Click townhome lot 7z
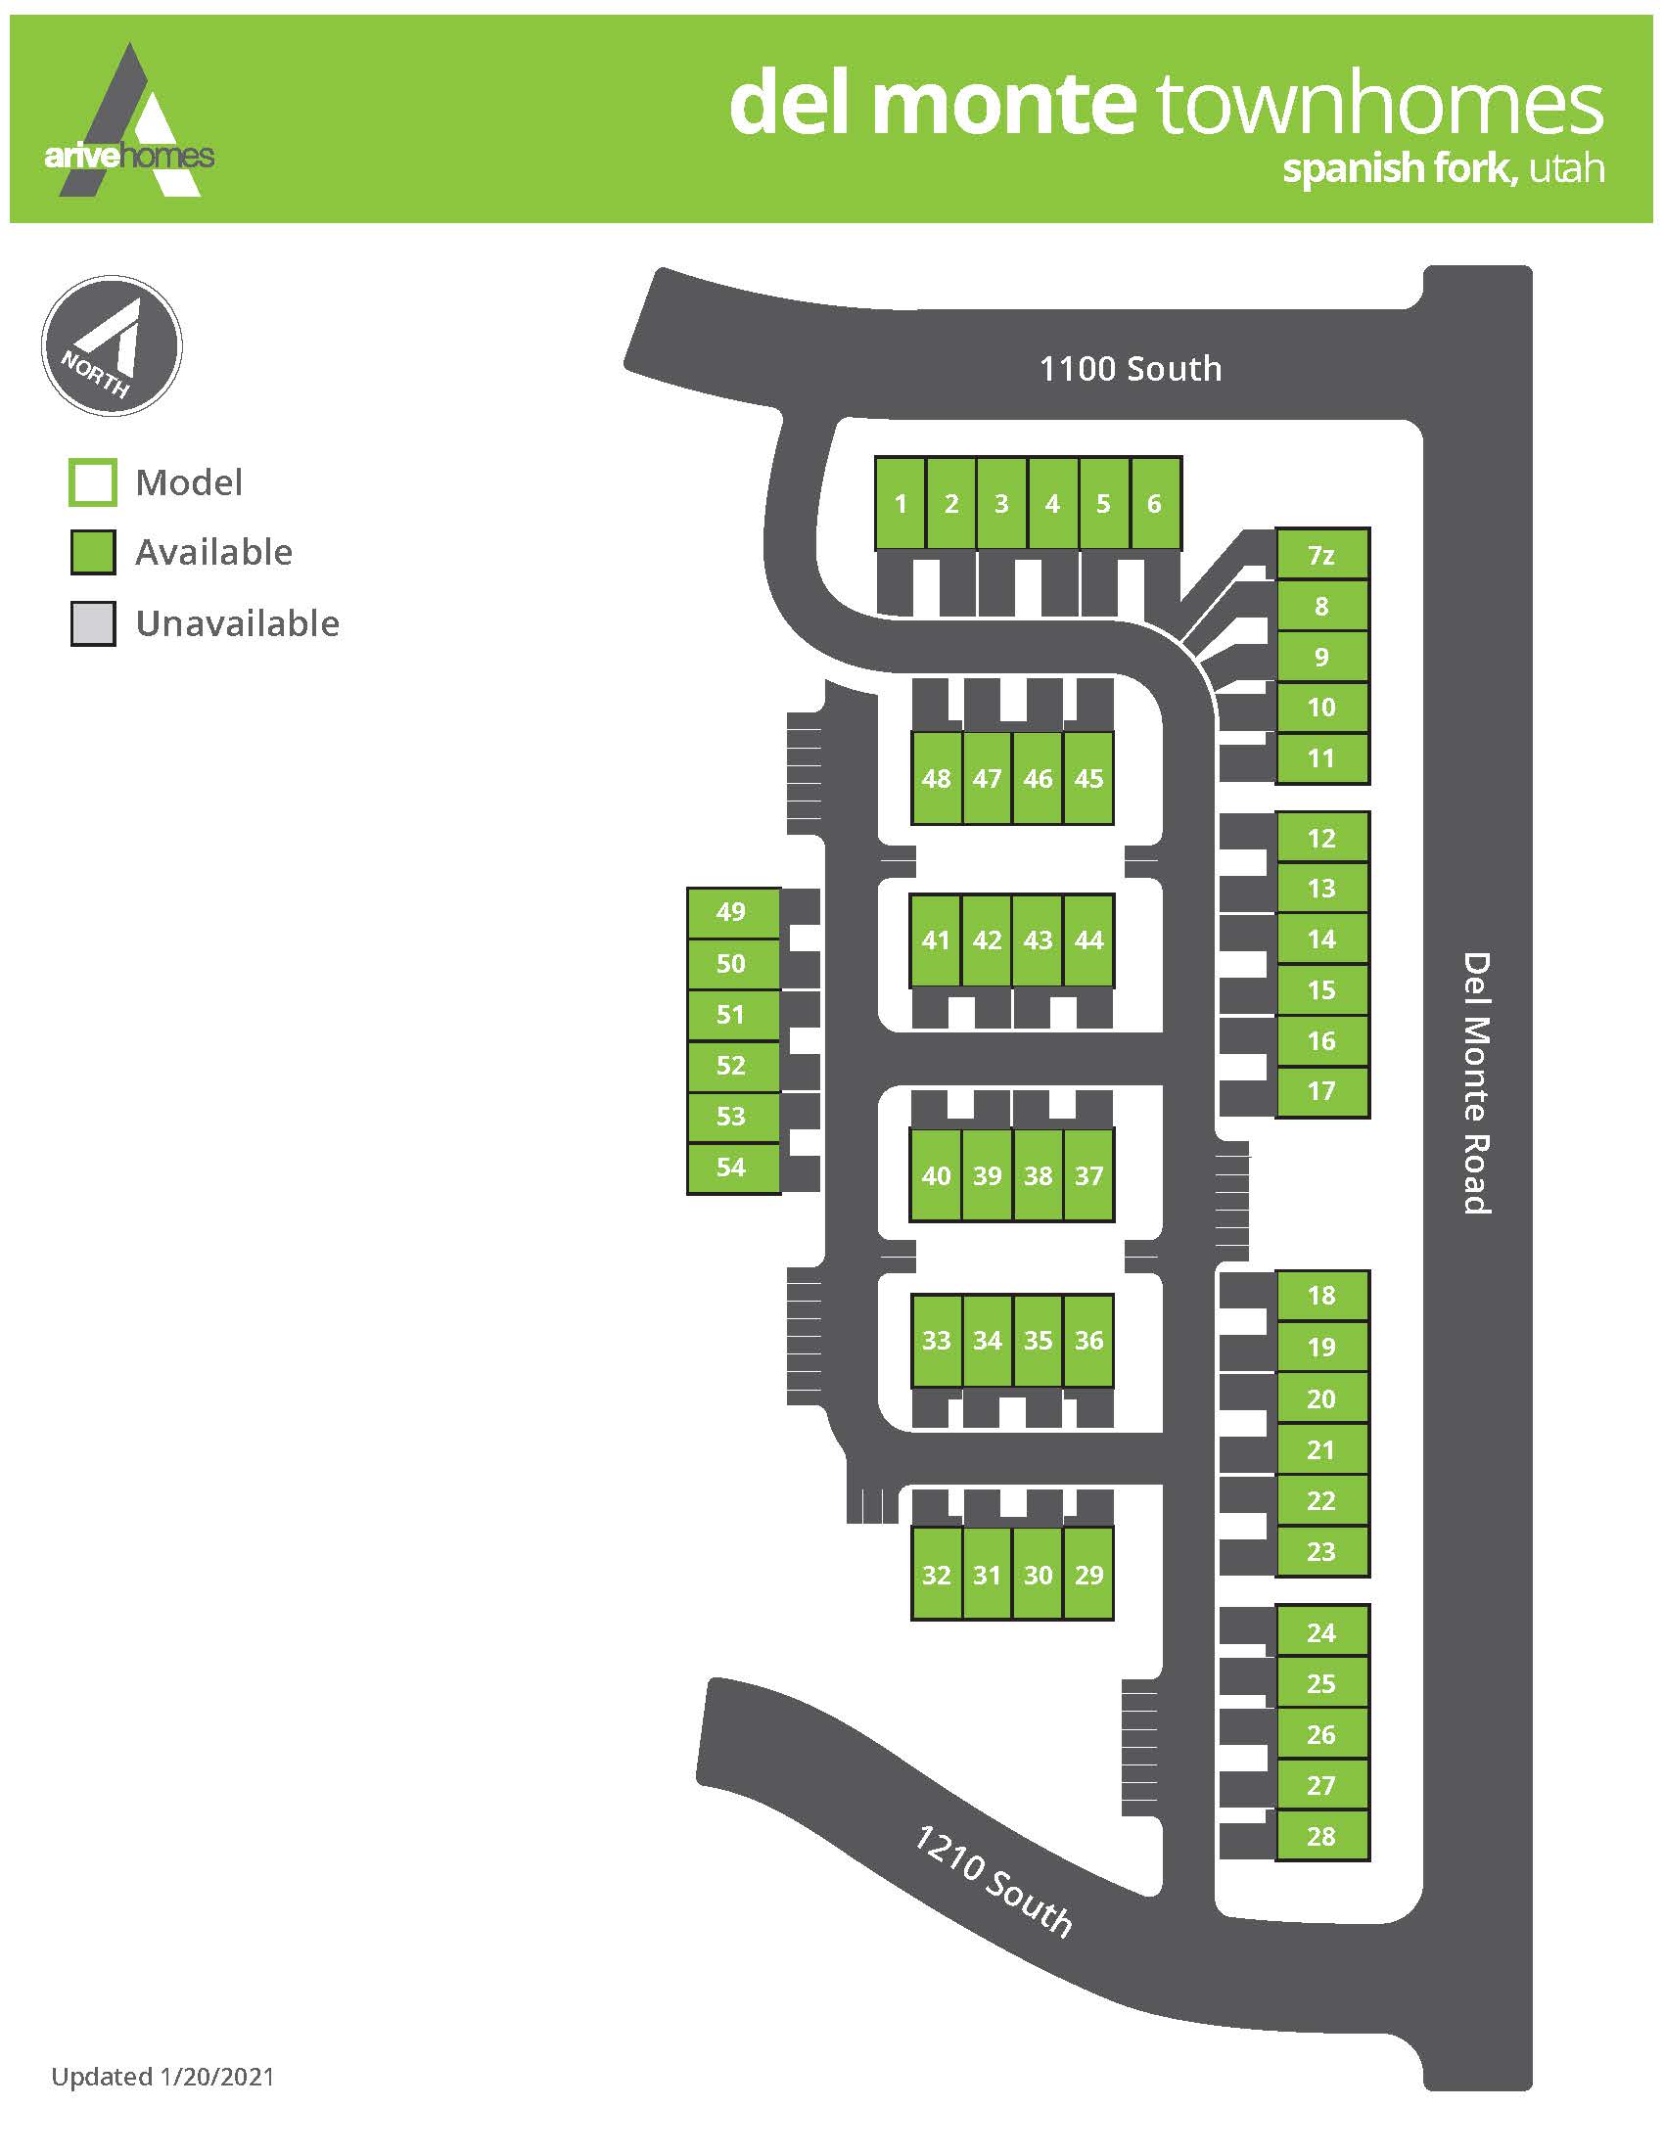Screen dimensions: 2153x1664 click(1322, 555)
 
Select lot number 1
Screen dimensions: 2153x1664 click(900, 504)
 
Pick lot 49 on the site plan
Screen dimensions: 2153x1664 click(731, 912)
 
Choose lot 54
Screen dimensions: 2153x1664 click(731, 1168)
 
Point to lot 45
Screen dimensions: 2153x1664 click(1089, 779)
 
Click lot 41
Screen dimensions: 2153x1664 click(936, 940)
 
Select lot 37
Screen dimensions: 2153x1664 click(1089, 1175)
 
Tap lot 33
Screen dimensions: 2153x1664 click(936, 1340)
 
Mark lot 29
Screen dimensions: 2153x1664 click(1089, 1575)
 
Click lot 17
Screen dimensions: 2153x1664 click(1322, 1091)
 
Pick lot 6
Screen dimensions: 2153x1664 click(1154, 504)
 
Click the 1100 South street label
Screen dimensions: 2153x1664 click(1131, 369)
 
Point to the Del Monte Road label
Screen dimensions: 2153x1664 click(1476, 1082)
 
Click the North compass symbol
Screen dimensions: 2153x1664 click(112, 346)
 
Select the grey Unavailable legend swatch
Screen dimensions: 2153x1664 click(93, 624)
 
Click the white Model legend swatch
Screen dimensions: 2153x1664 click(93, 483)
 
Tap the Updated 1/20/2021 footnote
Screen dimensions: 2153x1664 click(162, 2076)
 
